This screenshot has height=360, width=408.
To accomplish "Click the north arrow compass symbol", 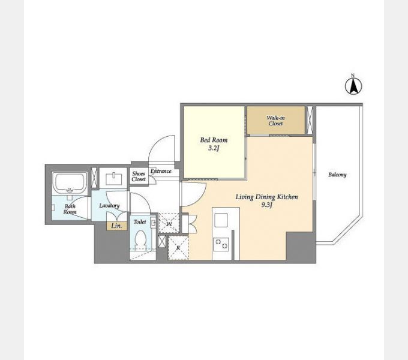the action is point(353,85).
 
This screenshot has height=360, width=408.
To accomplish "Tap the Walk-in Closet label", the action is point(275,121).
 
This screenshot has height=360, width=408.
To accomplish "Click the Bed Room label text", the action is point(214,140).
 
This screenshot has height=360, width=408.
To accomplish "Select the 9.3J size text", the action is point(267,205).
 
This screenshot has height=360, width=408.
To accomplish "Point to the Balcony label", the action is point(337,175).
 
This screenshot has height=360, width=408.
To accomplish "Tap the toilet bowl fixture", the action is point(141,239).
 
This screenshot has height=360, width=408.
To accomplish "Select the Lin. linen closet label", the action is point(116,226).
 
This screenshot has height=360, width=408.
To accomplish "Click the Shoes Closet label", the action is point(139,176).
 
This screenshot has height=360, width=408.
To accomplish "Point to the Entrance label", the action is point(161,171).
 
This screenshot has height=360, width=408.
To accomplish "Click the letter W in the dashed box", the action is point(169,224).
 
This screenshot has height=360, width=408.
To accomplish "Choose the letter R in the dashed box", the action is point(178,248).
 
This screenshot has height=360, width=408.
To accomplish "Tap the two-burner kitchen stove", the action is point(221,244).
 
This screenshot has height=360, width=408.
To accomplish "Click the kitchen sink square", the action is point(221,220).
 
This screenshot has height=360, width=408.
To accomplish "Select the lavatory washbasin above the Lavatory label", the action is point(113,178).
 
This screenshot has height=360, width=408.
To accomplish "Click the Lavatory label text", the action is point(109,205).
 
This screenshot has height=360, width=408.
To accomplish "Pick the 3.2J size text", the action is point(214,148).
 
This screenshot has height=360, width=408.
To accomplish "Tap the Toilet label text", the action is point(140,221).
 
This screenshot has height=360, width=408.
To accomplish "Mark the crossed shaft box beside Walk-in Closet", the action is point(310,119).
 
